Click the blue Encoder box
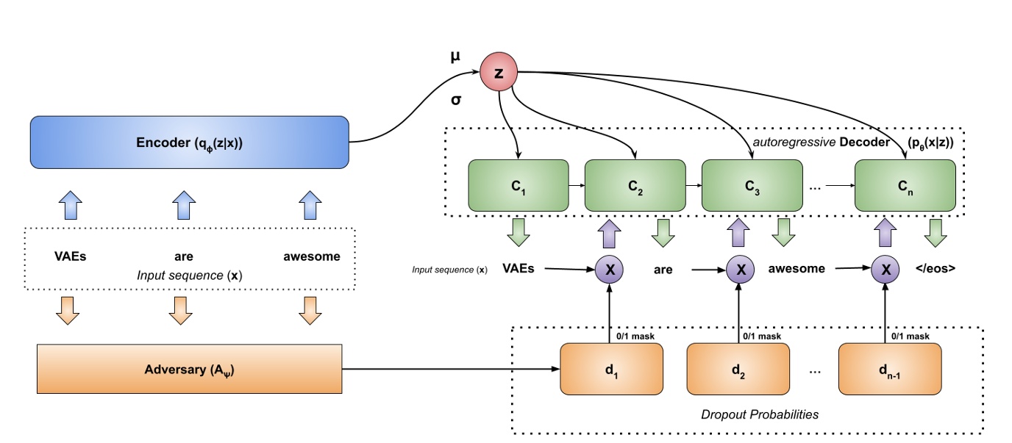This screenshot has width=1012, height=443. click(189, 142)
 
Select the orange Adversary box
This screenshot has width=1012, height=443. click(189, 367)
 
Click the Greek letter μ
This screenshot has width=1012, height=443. click(456, 57)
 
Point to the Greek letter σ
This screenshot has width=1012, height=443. click(456, 99)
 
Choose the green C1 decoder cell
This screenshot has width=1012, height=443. click(519, 185)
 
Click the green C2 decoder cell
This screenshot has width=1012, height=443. click(635, 185)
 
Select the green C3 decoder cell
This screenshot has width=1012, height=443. click(752, 185)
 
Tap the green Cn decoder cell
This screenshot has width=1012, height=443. click(905, 185)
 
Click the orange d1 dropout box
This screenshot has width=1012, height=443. click(612, 368)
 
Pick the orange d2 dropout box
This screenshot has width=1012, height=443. click(738, 368)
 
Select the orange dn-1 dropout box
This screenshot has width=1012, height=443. click(890, 368)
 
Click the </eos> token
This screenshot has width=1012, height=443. click(936, 269)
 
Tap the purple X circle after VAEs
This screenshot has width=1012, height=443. click(610, 270)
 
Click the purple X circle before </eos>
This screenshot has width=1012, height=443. click(885, 270)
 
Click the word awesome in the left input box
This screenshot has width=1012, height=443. click(312, 256)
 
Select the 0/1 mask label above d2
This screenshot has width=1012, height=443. click(761, 336)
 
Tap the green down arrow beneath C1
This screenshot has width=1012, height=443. click(519, 233)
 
